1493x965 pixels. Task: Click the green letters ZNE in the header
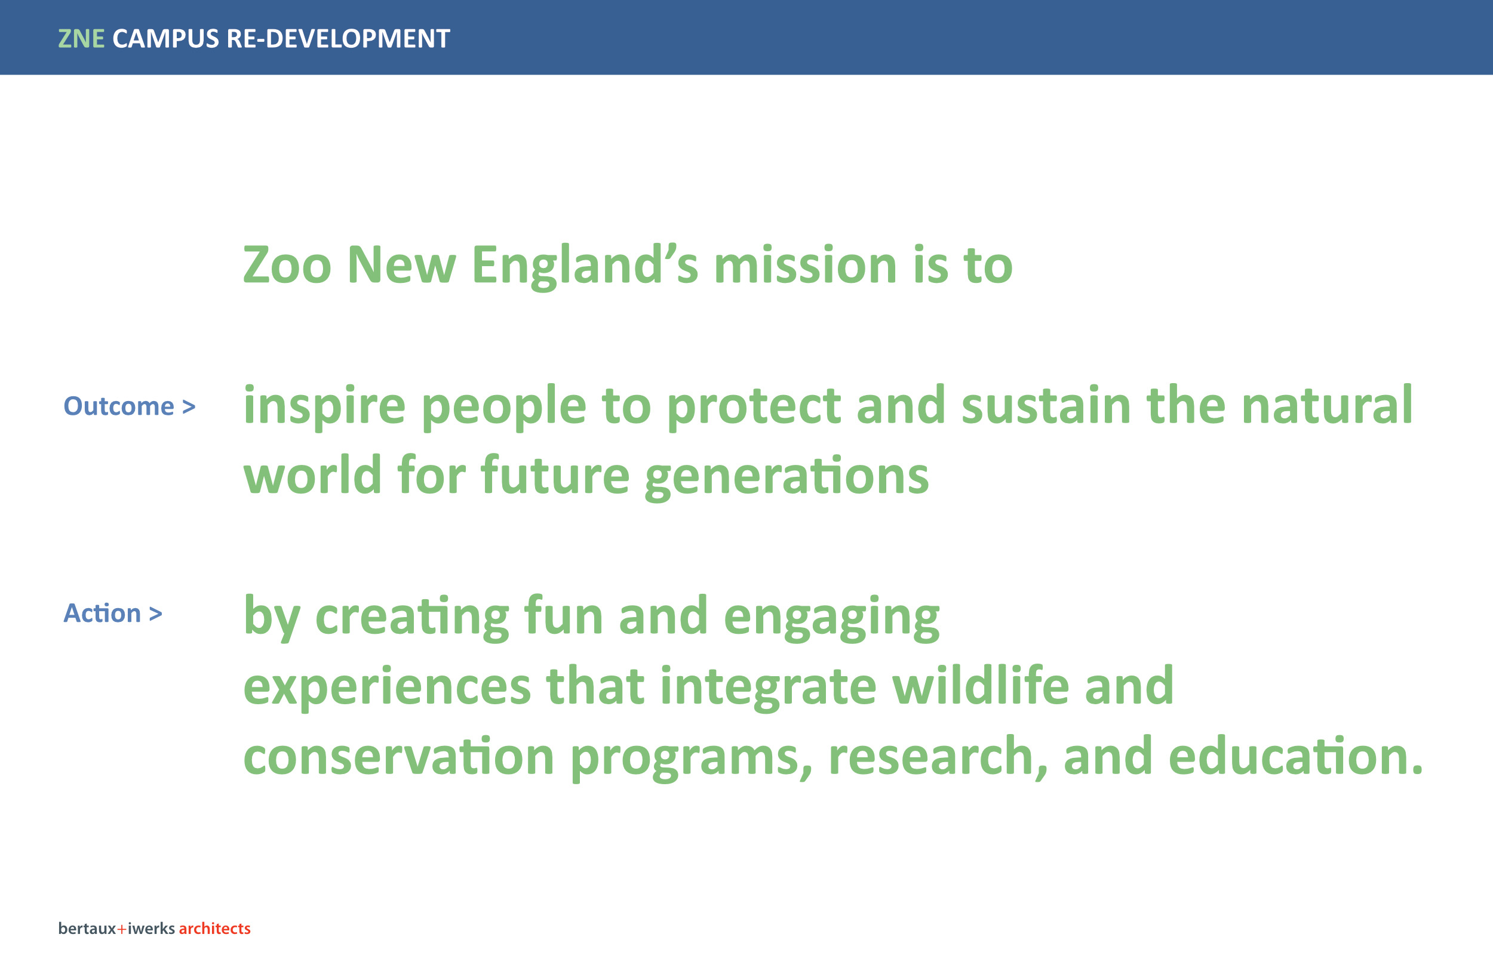(81, 39)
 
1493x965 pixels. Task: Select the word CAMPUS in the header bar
(165, 39)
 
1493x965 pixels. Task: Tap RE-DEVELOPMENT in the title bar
(338, 39)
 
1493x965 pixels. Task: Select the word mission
(805, 264)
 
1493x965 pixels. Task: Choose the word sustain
(1046, 405)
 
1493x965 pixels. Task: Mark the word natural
(1327, 405)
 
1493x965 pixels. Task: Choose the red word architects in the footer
(214, 929)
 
